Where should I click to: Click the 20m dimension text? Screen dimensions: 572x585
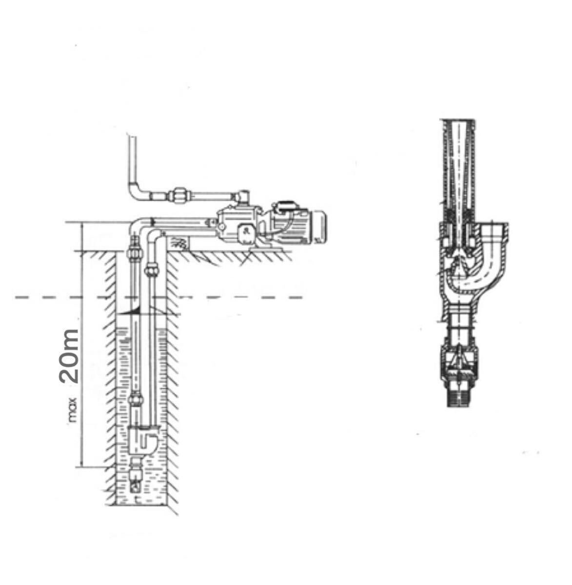(x=69, y=356)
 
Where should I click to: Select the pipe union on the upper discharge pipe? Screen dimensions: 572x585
(x=179, y=195)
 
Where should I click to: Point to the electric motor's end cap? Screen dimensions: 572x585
(x=320, y=227)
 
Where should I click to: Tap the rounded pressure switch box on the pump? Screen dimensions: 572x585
(x=246, y=234)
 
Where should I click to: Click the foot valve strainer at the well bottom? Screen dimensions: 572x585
(x=137, y=484)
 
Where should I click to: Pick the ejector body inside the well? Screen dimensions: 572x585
(x=142, y=440)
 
